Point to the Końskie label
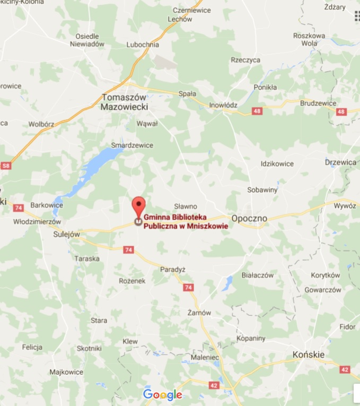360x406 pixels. coord(309,354)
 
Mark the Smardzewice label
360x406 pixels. coord(132,145)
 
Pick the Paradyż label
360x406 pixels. coord(173,270)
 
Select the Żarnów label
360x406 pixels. coord(199,313)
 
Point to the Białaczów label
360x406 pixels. coord(257,275)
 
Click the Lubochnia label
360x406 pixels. coord(143,45)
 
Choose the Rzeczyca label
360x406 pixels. coord(245,60)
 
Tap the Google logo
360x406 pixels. coord(162,394)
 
